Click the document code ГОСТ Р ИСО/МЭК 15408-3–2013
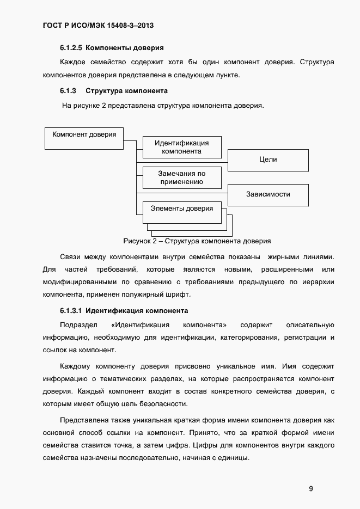pos(101,26)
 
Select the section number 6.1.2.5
pos(71,48)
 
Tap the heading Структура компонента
pos(126,90)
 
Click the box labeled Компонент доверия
pos(84,138)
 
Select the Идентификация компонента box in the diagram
pos(182,147)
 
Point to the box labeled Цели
pos(268,160)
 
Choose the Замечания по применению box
pos(182,177)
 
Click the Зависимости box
pos(268,194)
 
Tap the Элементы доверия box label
pos(182,208)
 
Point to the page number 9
pos(310,488)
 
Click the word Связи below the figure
pos(70,256)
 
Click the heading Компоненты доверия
pos(125,48)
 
